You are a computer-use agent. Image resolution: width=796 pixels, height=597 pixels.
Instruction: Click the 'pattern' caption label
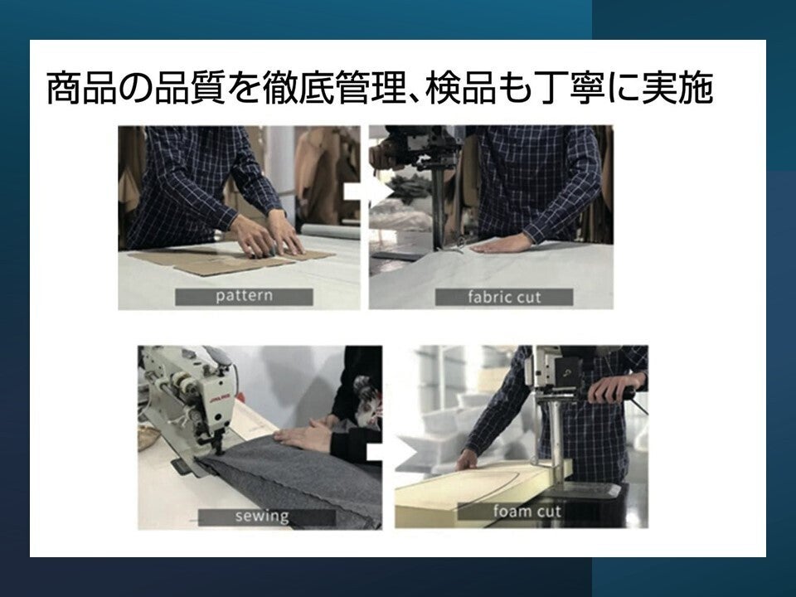(x=244, y=297)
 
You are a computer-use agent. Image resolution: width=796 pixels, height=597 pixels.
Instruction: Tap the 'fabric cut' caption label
(x=504, y=298)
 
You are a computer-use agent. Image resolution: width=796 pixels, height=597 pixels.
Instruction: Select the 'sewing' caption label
(x=267, y=517)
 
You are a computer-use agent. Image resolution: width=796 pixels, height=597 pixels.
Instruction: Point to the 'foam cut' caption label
(x=527, y=512)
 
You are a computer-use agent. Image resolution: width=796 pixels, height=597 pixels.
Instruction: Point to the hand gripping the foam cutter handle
(x=613, y=387)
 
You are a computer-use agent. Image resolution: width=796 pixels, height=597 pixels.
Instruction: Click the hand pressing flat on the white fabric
(x=502, y=244)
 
